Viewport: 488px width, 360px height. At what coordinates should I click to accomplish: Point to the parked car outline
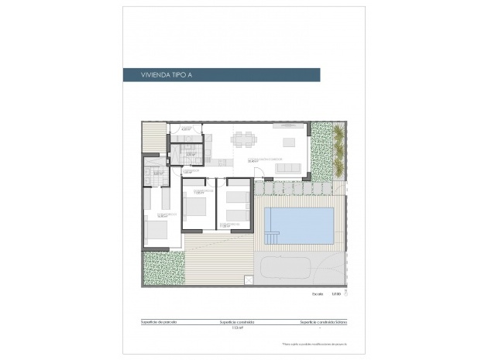[286, 267]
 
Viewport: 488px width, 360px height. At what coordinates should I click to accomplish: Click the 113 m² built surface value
[237, 328]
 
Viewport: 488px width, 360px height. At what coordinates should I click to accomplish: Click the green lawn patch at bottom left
[163, 268]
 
